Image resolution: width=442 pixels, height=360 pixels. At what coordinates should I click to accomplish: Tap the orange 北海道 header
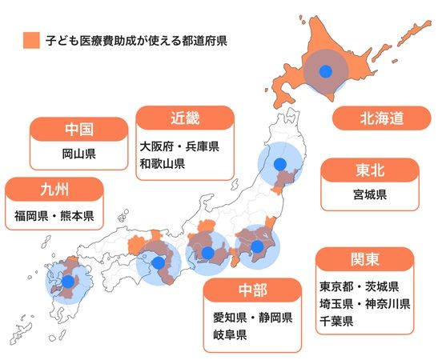pyautogui.click(x=380, y=118)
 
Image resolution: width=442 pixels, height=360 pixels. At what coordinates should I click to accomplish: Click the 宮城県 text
pyautogui.click(x=369, y=194)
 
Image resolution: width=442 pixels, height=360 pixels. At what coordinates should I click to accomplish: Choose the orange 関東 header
pyautogui.click(x=364, y=261)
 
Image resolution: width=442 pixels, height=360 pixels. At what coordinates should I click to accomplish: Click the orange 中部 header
pyautogui.click(x=253, y=290)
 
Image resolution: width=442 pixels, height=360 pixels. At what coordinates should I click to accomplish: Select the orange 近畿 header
pyautogui.click(x=185, y=119)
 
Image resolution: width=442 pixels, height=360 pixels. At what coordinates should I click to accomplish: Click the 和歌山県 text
pyautogui.click(x=163, y=164)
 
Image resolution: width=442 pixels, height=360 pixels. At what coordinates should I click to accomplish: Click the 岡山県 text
pyautogui.click(x=78, y=154)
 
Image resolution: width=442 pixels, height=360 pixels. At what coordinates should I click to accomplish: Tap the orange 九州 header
pyautogui.click(x=54, y=190)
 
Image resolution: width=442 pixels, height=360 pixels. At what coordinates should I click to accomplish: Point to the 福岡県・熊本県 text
pyautogui.click(x=54, y=215)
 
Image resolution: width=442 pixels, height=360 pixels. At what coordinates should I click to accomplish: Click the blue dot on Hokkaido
pyautogui.click(x=325, y=72)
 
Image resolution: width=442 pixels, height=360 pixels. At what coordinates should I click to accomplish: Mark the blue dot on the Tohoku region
pyautogui.click(x=281, y=165)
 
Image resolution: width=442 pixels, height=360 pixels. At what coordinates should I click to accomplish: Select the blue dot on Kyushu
pyautogui.click(x=68, y=282)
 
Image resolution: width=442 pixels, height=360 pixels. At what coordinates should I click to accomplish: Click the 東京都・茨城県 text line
pyautogui.click(x=359, y=286)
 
